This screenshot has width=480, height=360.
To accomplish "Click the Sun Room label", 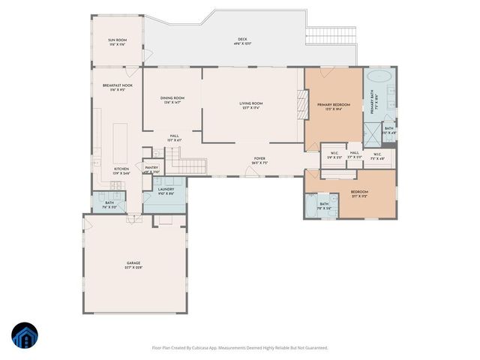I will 116,42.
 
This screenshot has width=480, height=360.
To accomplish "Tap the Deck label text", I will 242,42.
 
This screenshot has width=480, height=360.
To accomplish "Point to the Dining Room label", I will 172,100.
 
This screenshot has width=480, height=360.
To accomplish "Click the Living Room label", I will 251,105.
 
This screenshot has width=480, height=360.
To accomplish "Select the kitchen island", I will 119,142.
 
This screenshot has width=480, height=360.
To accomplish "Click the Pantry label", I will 151,169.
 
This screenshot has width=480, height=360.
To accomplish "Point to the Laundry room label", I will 166,191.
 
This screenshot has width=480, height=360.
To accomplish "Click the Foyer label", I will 260,160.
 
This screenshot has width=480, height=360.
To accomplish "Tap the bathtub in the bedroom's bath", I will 310,206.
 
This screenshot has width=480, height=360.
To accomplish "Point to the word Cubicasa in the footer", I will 212,347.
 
